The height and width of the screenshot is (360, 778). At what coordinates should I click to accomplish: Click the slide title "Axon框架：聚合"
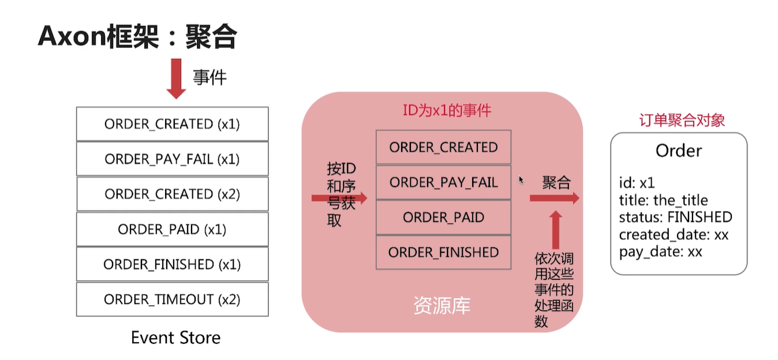tap(137, 37)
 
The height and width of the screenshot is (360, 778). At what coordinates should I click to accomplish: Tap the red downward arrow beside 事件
tap(176, 78)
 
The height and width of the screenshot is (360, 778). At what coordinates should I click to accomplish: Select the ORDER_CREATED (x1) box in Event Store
tap(172, 124)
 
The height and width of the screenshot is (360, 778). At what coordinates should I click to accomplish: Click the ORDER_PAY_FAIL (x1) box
tap(172, 159)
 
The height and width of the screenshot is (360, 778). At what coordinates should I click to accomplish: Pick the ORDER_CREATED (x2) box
tap(172, 194)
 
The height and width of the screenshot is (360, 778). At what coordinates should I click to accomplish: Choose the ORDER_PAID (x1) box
tap(172, 229)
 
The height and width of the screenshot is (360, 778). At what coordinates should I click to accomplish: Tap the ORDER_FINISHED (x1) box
tap(172, 264)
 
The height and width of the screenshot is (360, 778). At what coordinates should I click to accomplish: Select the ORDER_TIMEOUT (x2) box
tap(172, 299)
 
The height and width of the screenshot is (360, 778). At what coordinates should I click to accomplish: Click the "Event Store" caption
tap(175, 337)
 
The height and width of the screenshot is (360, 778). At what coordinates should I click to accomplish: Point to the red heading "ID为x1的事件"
tap(447, 110)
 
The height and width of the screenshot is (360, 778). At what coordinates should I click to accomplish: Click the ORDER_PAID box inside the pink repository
tap(443, 217)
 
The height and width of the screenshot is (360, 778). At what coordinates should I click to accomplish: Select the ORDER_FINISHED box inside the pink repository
tap(443, 252)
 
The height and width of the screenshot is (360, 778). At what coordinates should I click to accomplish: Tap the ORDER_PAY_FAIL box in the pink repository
tap(443, 182)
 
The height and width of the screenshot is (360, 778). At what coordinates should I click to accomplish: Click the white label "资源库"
tap(442, 306)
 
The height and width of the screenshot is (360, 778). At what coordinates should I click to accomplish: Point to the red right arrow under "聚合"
tap(554, 198)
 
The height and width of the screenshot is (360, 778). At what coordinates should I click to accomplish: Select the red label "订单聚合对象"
tap(682, 121)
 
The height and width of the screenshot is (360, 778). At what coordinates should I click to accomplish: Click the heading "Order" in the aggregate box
tap(679, 151)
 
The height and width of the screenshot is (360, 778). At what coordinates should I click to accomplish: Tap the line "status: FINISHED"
tap(675, 217)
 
